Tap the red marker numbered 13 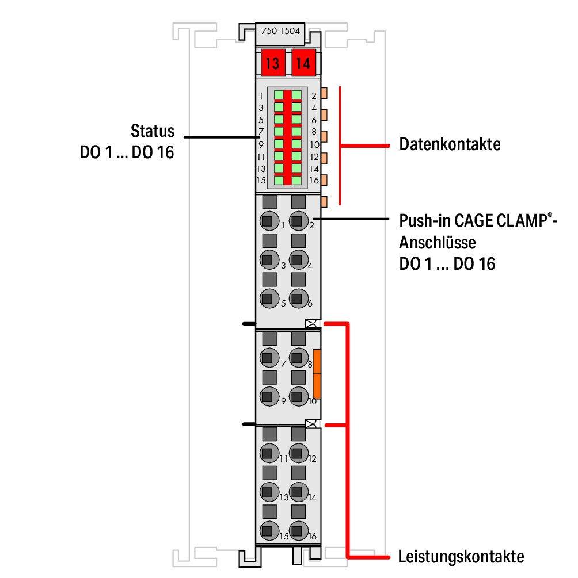[272, 63]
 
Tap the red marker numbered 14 [303, 63]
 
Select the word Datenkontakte [450, 144]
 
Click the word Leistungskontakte [461, 557]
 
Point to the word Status [152, 131]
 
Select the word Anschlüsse [437, 242]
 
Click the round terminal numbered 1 [267, 220]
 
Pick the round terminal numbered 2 [297, 220]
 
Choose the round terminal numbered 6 [297, 298]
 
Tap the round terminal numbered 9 [267, 396]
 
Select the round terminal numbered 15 [267, 530]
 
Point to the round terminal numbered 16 [297, 530]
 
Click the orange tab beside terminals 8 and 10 [317, 374]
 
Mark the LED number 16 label [314, 181]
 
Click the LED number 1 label [261, 95]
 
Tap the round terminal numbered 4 [297, 259]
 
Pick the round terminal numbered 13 [267, 491]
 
